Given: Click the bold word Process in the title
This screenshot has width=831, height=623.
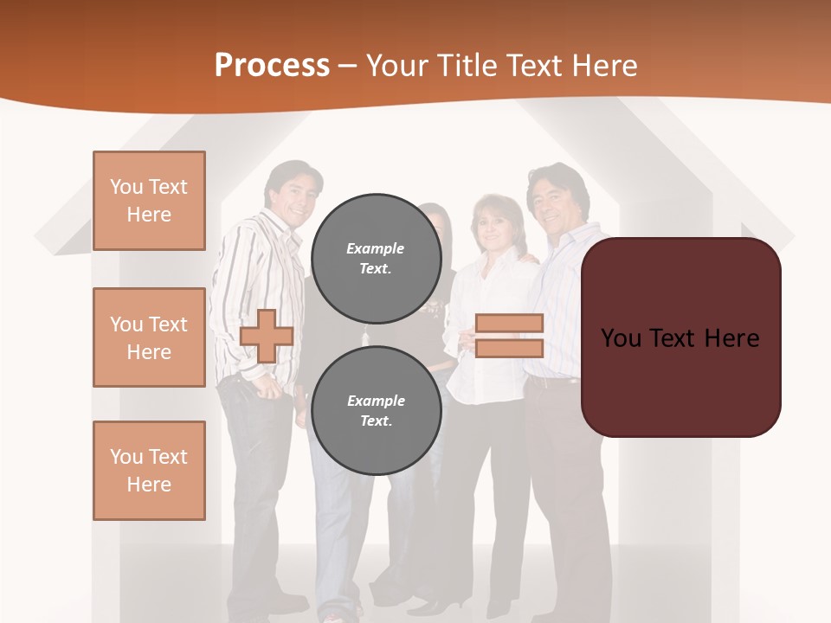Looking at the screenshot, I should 272,66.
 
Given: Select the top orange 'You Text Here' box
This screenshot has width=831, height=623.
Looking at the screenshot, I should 149,201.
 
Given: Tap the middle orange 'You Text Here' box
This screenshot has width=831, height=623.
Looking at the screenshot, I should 149,337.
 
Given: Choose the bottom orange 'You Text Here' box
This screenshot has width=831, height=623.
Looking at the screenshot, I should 149,471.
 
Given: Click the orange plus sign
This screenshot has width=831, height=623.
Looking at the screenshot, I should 267,336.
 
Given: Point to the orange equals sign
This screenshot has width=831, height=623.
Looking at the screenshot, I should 509,336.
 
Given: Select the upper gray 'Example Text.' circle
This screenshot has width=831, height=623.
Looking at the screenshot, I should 376,258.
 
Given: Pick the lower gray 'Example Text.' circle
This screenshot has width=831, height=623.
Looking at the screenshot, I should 376,410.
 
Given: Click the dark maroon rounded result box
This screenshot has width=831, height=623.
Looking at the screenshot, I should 680,337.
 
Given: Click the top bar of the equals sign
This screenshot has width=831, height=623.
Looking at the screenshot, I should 509,323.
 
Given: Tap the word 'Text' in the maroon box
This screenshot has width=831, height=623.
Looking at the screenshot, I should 678,337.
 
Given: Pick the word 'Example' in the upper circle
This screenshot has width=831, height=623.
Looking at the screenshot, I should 375,248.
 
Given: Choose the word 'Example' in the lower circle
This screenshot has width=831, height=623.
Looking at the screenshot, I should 376,401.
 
